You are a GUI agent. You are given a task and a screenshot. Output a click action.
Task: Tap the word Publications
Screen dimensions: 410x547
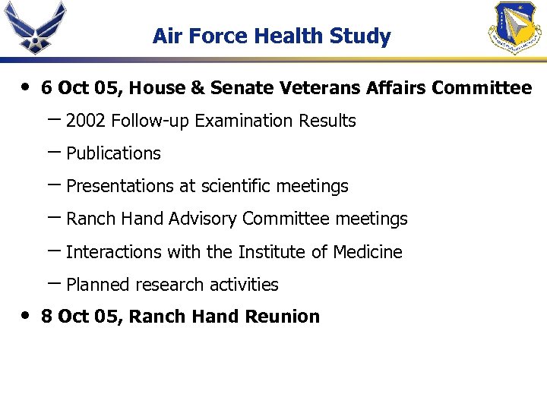pos(114,153)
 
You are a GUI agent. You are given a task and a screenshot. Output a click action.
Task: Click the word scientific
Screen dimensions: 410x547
pos(237,186)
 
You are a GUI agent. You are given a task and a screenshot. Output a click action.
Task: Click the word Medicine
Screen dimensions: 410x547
pos(370,252)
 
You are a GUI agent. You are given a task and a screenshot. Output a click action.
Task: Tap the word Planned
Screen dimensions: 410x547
pos(98,285)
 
